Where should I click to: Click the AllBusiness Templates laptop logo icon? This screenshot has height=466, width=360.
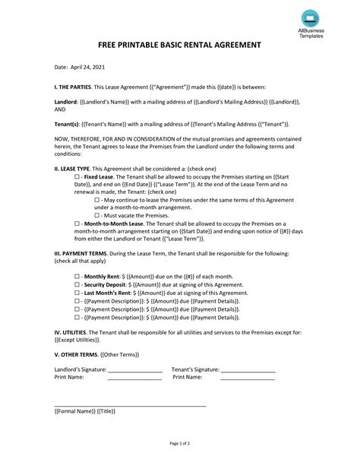click(x=310, y=17)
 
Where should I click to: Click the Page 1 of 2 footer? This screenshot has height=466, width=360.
click(x=179, y=442)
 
